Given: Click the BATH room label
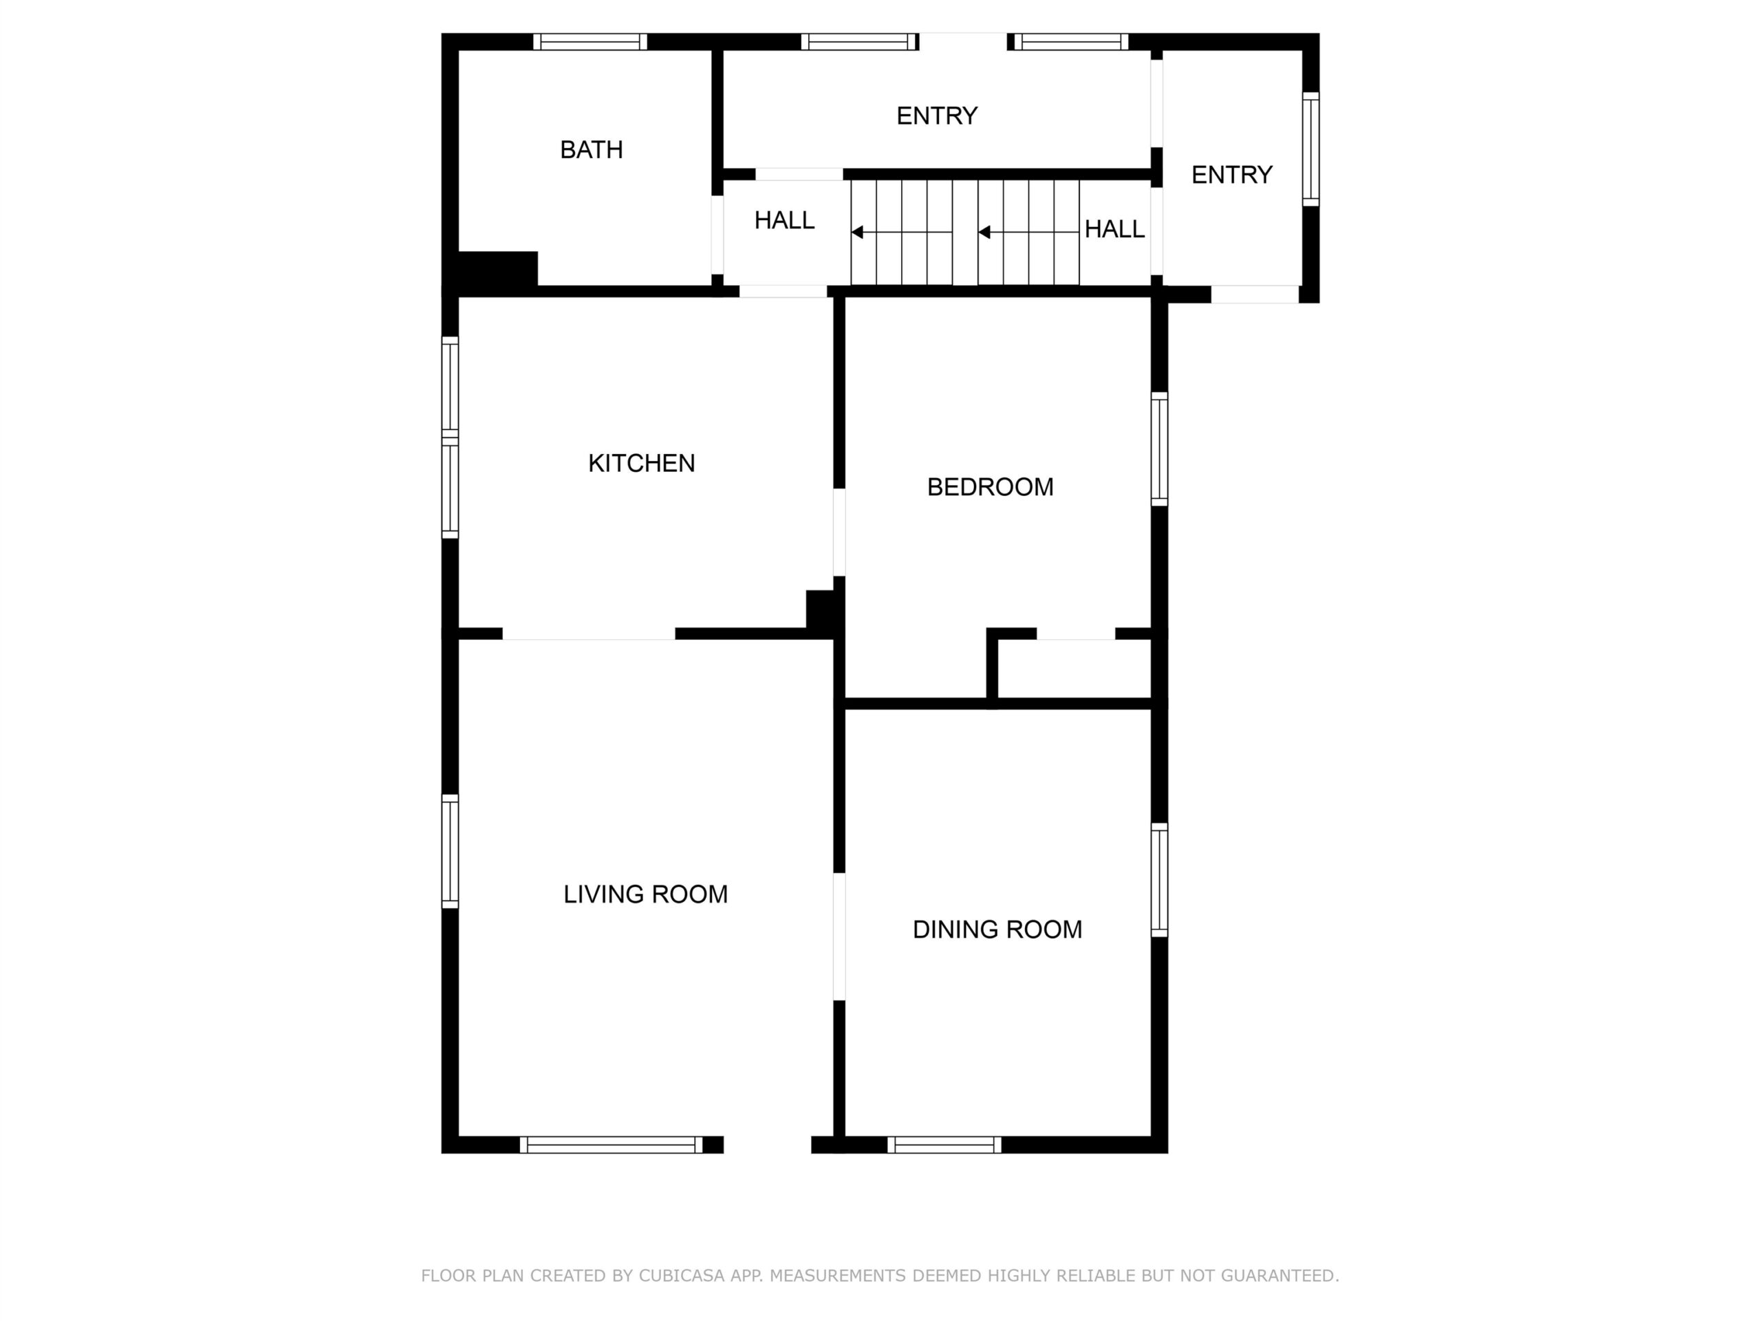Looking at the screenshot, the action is click(591, 150).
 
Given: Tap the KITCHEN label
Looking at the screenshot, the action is click(642, 464).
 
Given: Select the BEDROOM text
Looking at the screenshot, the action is click(991, 487).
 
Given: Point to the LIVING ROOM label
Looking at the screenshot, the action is click(646, 894).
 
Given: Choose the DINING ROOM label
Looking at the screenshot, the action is click(997, 930).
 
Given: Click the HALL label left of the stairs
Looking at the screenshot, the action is click(784, 221).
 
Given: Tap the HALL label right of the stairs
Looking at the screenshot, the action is click(1114, 229).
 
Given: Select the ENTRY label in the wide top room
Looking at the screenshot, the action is click(937, 116).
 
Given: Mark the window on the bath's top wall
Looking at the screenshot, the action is click(590, 41).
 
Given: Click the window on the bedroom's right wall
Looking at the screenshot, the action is click(1160, 449).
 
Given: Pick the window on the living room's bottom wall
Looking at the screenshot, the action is click(612, 1145).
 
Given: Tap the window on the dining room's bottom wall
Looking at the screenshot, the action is click(944, 1145).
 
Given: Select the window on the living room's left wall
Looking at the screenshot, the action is click(450, 851).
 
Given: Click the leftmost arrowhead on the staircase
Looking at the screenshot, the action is click(857, 233).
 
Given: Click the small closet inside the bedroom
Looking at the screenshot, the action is click(1074, 669).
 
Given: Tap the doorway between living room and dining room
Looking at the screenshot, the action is click(839, 936).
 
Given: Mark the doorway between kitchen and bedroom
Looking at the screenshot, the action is click(839, 532).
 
